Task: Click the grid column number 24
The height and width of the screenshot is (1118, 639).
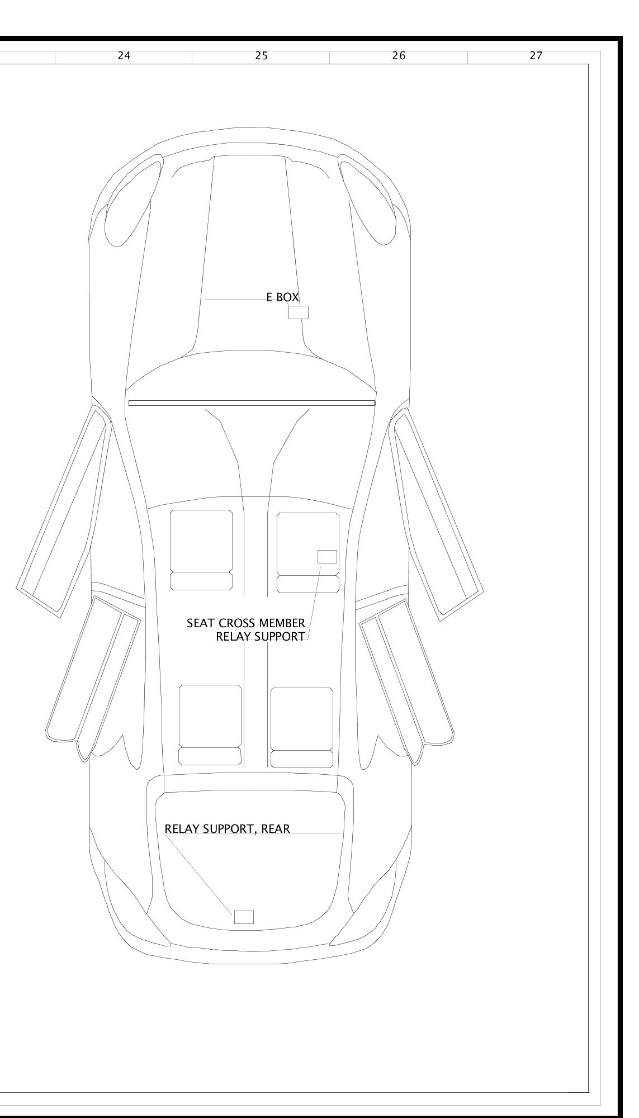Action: point(124,56)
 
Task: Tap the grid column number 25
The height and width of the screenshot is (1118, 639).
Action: point(261,56)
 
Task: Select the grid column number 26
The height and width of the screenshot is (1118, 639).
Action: point(399,56)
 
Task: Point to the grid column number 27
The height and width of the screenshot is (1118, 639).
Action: point(536,56)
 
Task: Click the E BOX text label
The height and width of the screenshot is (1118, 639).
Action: point(282,297)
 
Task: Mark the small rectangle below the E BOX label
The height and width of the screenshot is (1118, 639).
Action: point(298,312)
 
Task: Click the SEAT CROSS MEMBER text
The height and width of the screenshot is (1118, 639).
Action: point(246,623)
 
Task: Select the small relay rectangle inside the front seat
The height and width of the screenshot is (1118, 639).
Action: point(327,556)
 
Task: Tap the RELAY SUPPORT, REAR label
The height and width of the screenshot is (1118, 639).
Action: point(227,829)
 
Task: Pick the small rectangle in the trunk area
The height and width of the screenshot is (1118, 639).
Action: point(243,917)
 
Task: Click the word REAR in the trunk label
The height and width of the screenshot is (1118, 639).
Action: point(276,829)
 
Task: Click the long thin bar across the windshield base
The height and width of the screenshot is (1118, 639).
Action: point(252,402)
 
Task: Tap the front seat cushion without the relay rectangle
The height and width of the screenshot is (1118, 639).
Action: point(201,541)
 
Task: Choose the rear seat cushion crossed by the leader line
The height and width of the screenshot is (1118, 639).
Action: point(302,718)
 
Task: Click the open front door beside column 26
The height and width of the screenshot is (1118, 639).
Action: point(439,509)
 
